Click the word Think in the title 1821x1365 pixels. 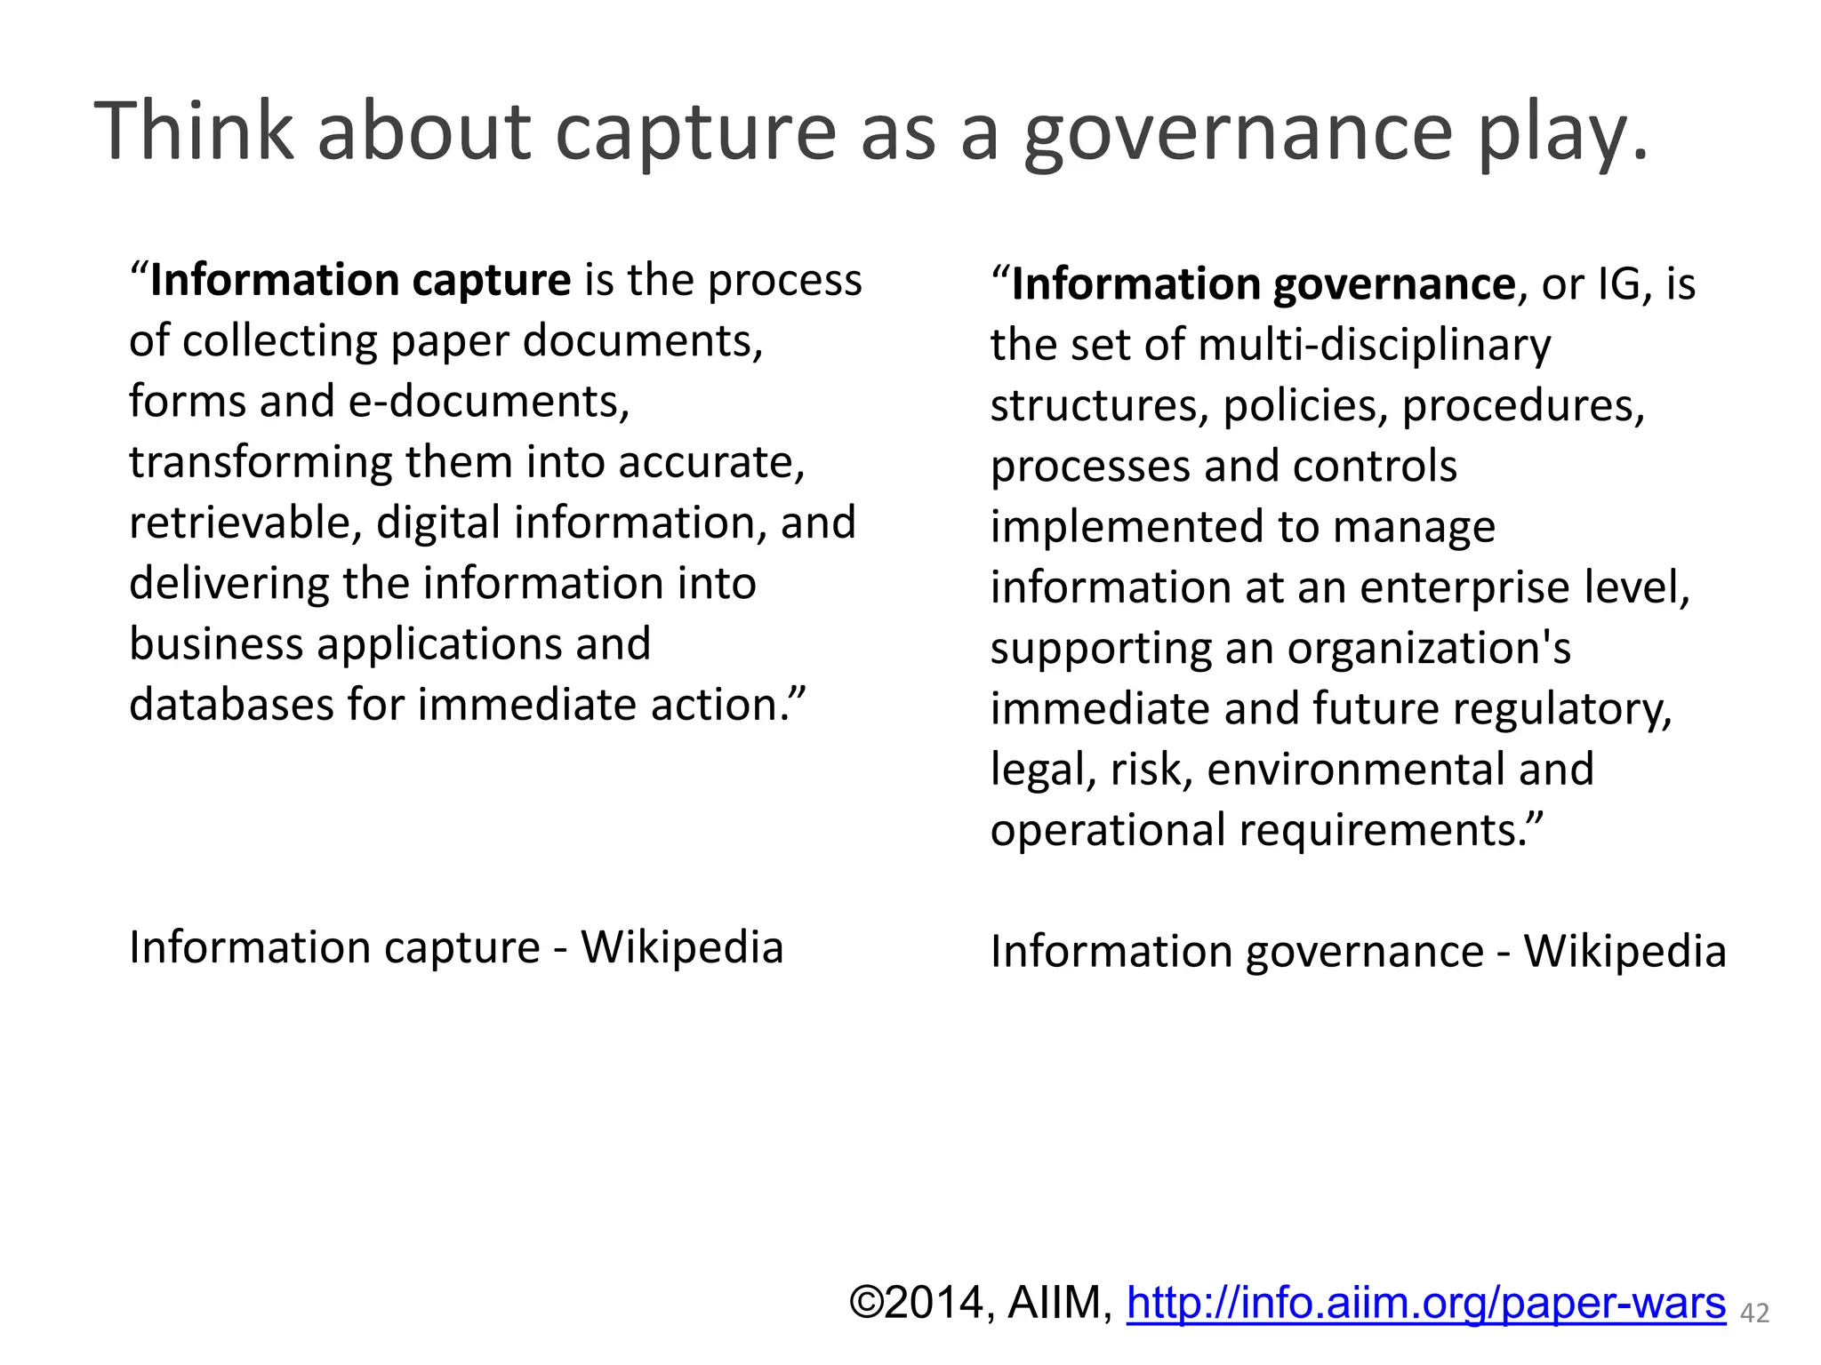[x=194, y=132]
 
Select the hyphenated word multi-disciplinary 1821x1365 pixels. [x=1374, y=345]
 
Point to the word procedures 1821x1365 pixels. [x=1522, y=406]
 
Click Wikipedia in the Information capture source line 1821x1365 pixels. [x=682, y=947]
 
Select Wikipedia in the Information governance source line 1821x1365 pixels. [x=1624, y=952]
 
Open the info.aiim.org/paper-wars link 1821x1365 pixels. [x=1425, y=1303]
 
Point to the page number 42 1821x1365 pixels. [x=1754, y=1313]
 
